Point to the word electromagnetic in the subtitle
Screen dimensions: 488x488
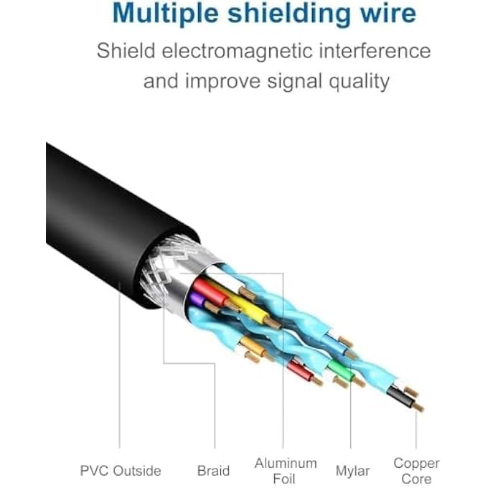(x=239, y=51)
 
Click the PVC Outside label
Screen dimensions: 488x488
(x=120, y=471)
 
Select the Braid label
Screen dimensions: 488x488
(x=214, y=471)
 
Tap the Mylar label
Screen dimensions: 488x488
(x=352, y=471)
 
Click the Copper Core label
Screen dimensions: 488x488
(x=416, y=471)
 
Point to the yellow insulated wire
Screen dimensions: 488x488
(x=248, y=305)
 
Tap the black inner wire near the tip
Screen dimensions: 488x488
(x=396, y=399)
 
